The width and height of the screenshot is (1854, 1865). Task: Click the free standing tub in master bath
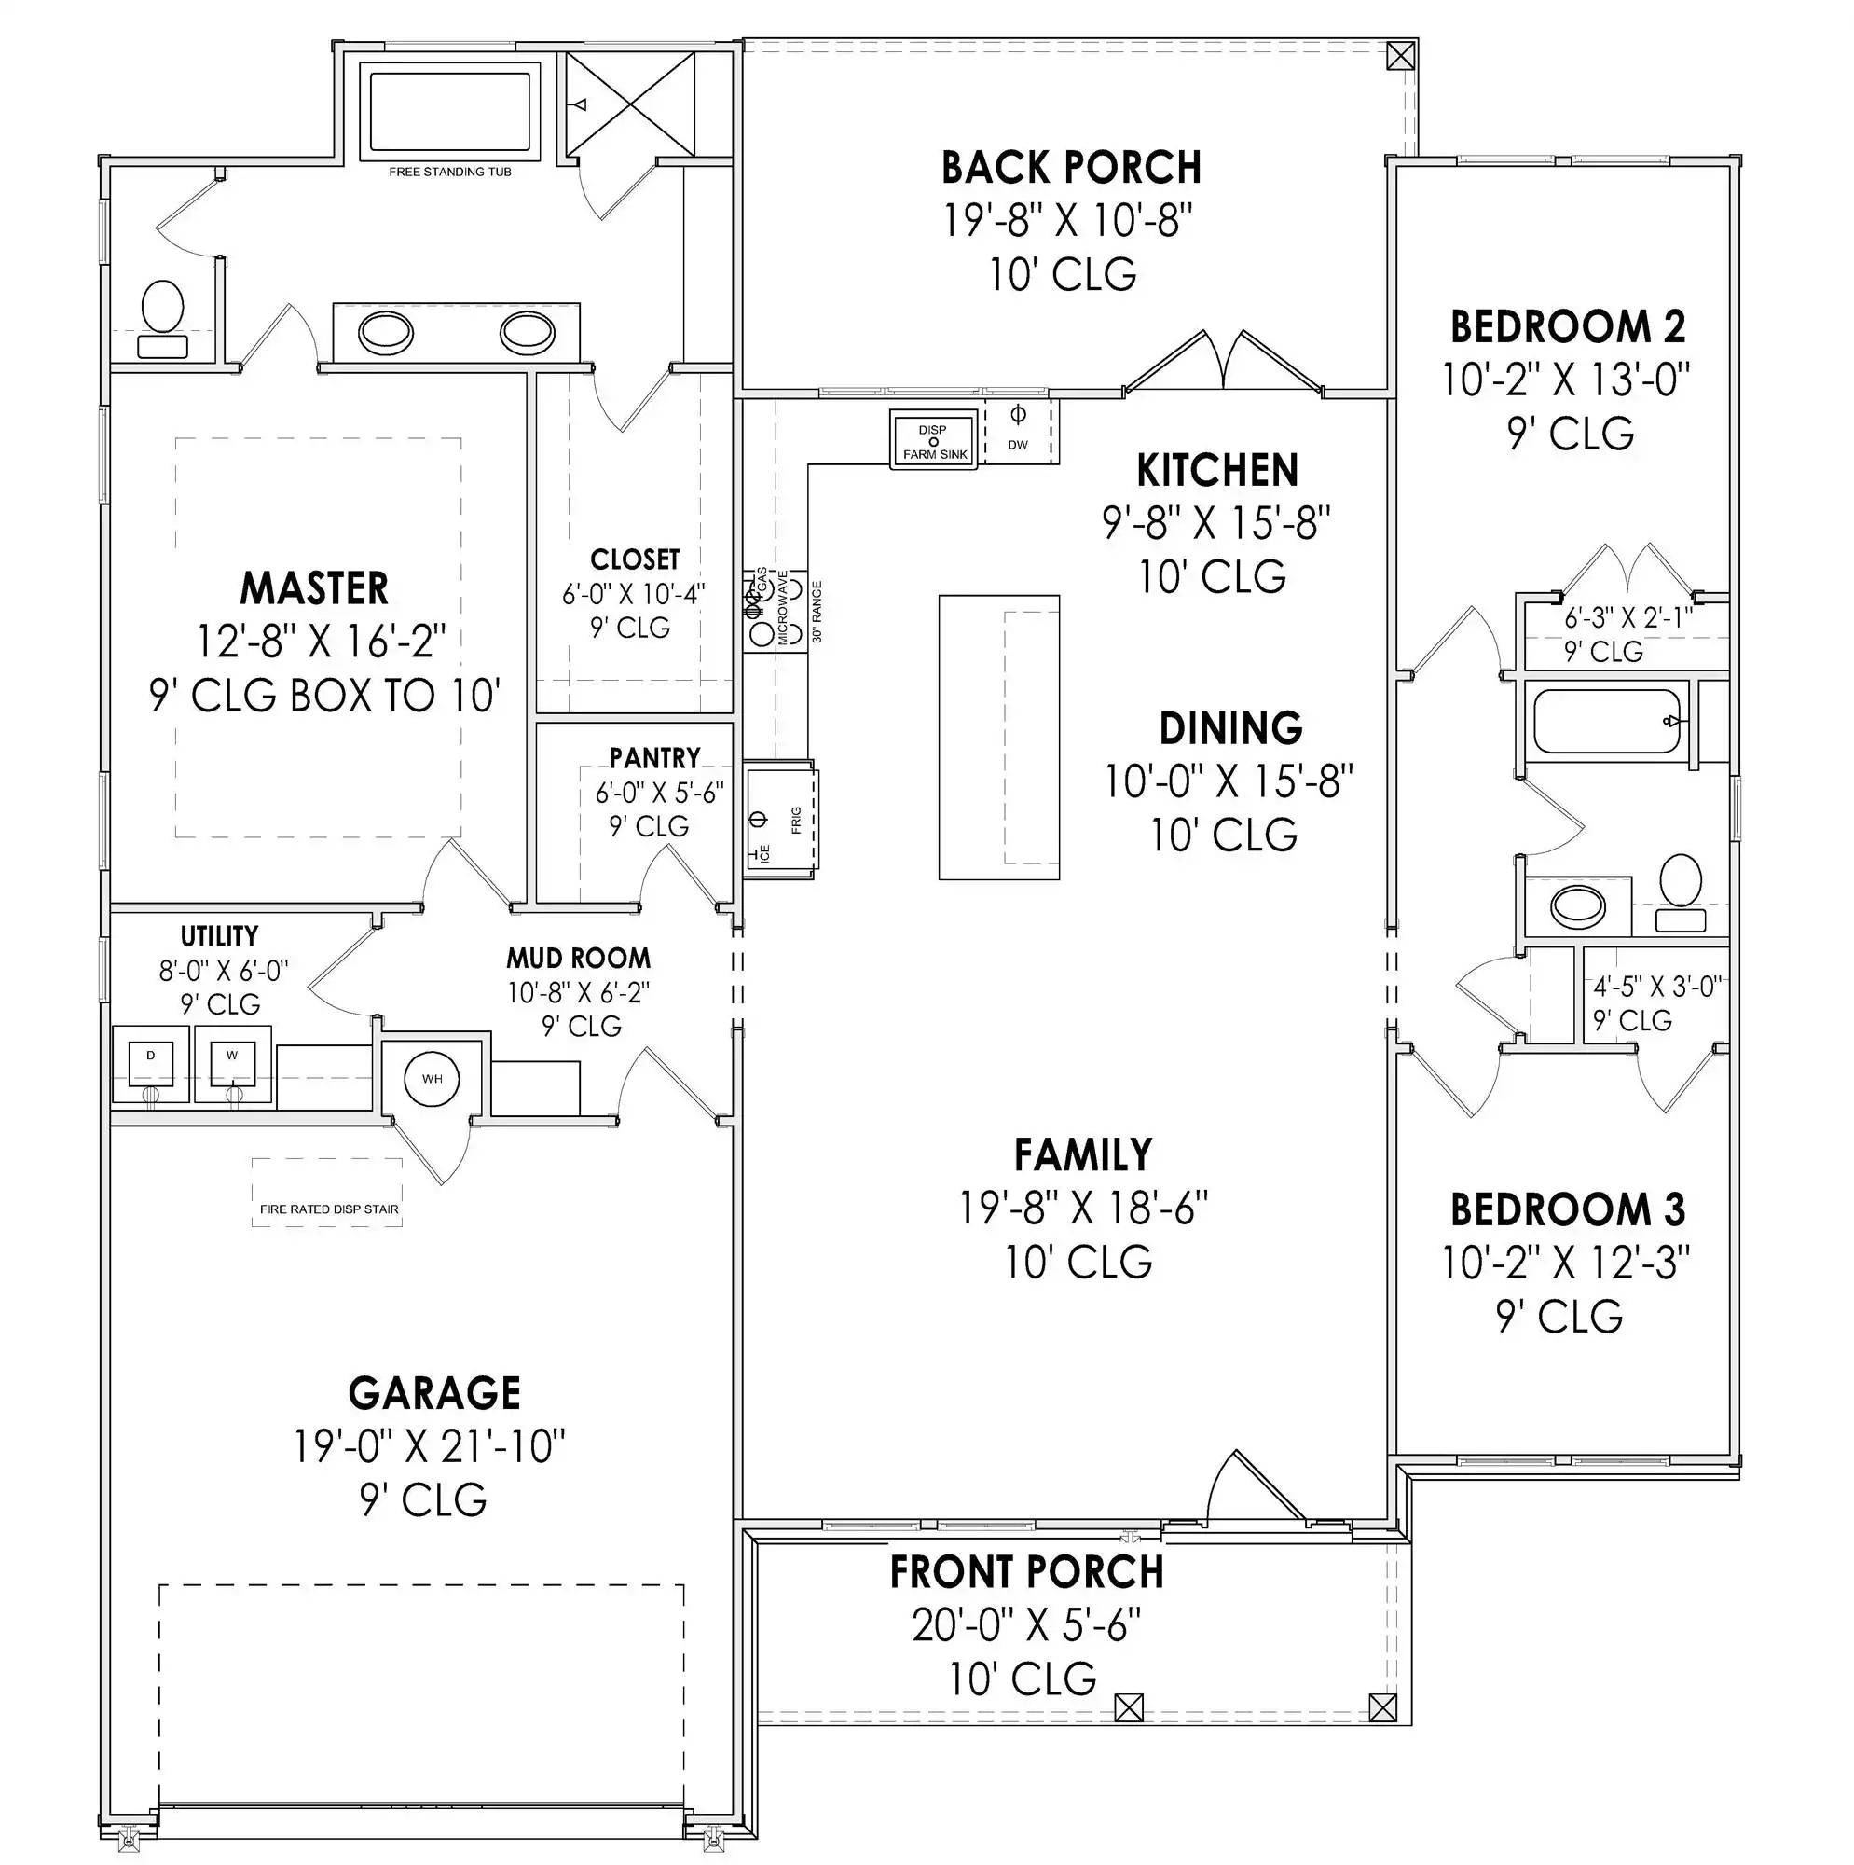coord(449,110)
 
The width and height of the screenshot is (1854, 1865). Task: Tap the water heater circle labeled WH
coord(432,1078)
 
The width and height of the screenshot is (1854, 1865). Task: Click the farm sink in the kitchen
coord(933,439)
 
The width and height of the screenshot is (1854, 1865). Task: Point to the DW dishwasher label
coord(1017,445)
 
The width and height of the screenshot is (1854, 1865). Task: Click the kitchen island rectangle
coord(999,738)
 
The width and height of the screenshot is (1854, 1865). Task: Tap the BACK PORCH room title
coord(1071,168)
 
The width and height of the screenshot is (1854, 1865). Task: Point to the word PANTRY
coord(654,758)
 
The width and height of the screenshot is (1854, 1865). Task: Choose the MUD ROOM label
coord(578,958)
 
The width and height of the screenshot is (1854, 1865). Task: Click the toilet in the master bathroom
coord(162,319)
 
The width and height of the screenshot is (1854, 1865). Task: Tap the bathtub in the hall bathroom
coord(1607,721)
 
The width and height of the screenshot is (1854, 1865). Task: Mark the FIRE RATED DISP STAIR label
coord(329,1209)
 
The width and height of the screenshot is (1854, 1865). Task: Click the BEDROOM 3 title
coord(1567,1209)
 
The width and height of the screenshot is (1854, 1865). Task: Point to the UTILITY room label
coord(219,935)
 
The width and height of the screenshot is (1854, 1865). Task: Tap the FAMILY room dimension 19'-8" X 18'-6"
coord(1083,1208)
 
